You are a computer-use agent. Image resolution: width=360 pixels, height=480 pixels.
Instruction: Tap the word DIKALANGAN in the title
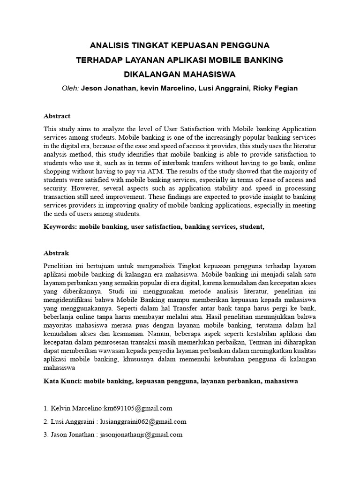click(x=150, y=74)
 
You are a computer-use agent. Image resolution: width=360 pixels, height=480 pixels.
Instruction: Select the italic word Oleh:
click(x=70, y=88)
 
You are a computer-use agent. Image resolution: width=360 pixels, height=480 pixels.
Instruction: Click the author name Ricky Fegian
click(x=275, y=88)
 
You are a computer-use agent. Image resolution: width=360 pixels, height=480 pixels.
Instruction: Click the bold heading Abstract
click(x=57, y=116)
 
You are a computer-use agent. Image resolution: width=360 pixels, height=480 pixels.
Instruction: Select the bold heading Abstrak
click(x=56, y=253)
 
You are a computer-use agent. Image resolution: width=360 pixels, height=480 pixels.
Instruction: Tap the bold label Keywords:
click(x=60, y=227)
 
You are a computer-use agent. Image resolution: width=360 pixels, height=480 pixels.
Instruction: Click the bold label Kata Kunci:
click(x=62, y=381)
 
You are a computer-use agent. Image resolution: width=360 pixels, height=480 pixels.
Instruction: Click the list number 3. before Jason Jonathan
click(x=46, y=435)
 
